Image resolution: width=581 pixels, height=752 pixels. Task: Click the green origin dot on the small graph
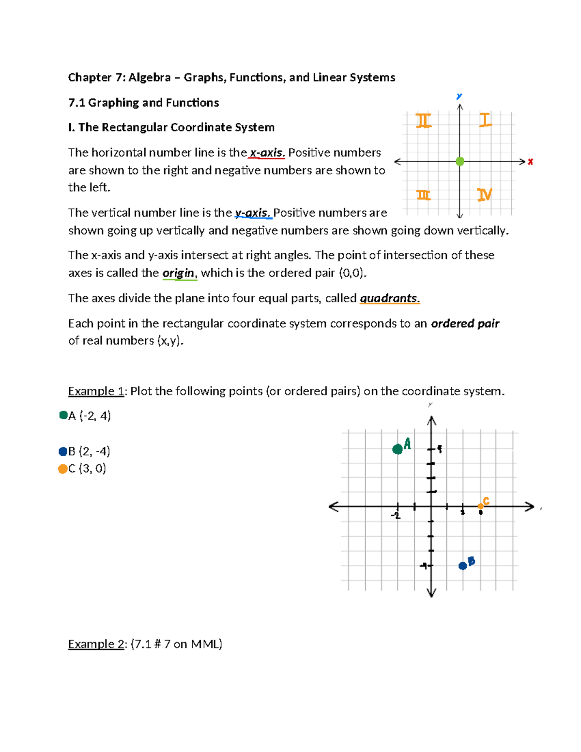460,161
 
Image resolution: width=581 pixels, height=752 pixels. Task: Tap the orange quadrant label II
424,120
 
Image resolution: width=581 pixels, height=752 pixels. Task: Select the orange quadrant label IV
485,194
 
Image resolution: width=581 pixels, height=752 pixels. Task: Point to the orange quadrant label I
485,120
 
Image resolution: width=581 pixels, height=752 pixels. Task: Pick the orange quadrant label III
424,195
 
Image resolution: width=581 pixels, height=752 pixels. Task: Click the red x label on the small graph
531,162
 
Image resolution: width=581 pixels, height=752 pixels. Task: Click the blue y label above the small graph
459,96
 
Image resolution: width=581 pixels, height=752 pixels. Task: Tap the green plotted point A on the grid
398,449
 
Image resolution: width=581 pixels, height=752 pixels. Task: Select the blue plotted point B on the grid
463,566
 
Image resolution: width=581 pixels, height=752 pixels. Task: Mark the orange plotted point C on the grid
480,506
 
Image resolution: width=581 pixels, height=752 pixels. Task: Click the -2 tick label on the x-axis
396,516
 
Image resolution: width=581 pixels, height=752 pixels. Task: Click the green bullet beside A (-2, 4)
63,415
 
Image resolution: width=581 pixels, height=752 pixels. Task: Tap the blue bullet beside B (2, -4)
62,451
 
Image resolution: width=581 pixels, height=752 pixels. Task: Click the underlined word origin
178,273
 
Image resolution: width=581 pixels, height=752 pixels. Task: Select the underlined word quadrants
389,298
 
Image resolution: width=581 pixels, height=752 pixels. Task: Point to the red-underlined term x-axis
266,153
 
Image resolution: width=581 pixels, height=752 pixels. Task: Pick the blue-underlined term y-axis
252,213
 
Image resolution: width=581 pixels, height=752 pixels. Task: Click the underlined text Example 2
96,644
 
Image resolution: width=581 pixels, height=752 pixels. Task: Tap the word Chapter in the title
90,77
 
